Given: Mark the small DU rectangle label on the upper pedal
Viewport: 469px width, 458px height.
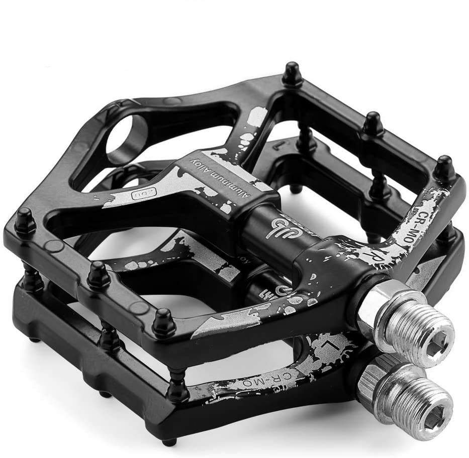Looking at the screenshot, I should [x=136, y=192].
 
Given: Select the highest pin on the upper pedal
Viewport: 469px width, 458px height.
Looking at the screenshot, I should [x=292, y=73].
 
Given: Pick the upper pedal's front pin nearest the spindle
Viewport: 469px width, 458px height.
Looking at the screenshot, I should [x=164, y=322].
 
